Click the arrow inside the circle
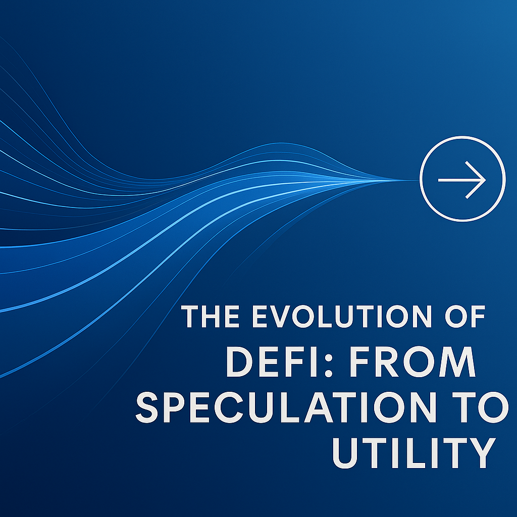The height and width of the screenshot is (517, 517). pos(462,180)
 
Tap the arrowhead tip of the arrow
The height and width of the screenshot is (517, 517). pos(485,180)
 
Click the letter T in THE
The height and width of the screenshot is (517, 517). pos(190,317)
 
